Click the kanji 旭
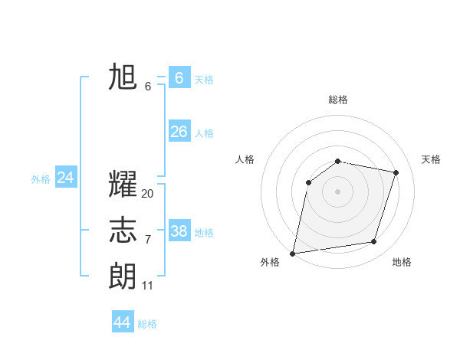[123, 77]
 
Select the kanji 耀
[123, 185]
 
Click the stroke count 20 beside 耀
[148, 194]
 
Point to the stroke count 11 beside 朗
[148, 286]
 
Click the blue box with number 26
[179, 132]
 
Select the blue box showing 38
[179, 231]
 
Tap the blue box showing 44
[122, 322]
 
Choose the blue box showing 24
[65, 178]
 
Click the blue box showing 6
[179, 77]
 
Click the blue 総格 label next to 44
[147, 324]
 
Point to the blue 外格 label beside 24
[41, 179]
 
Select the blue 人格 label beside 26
[204, 133]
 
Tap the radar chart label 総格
[338, 100]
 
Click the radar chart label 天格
[432, 159]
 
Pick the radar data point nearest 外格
[293, 253]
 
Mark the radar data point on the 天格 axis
[396, 172]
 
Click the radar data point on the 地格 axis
[374, 242]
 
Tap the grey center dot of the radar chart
[337, 191]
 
